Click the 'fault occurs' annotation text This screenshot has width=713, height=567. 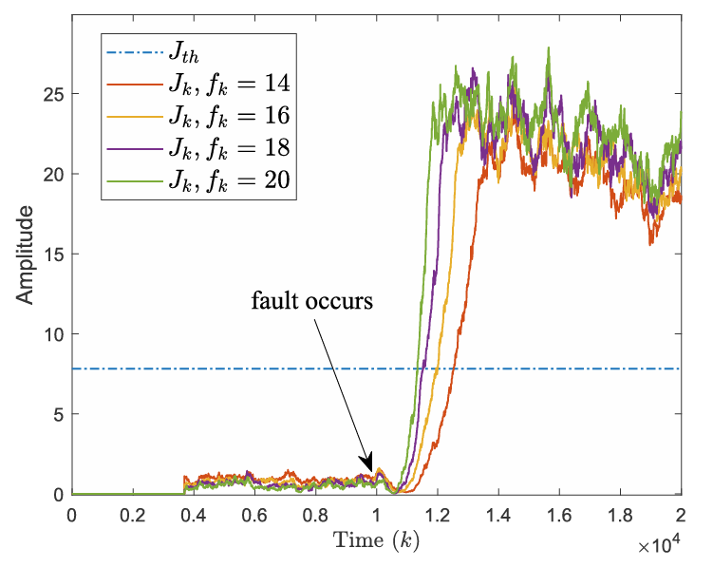[312, 301]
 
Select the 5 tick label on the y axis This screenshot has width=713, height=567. [58, 414]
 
